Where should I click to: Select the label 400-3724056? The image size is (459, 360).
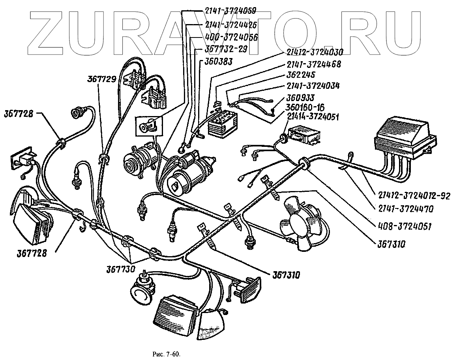coord(232,37)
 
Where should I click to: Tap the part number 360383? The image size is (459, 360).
coord(218,62)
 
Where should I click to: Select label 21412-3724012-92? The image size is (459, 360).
coord(414,197)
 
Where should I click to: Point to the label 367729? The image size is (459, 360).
coord(101,79)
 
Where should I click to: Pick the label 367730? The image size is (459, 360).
coord(120,269)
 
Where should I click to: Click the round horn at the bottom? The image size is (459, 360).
coord(143,292)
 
